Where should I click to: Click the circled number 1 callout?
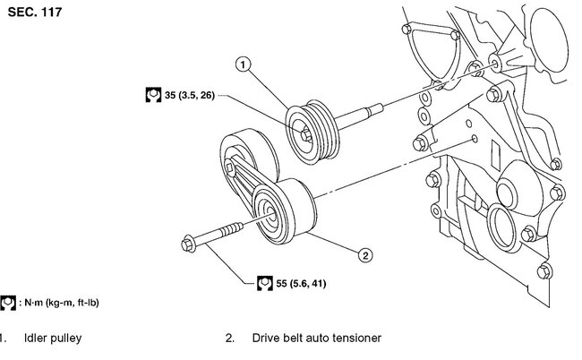pyautogui.click(x=243, y=63)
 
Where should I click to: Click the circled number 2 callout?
pyautogui.click(x=364, y=256)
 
